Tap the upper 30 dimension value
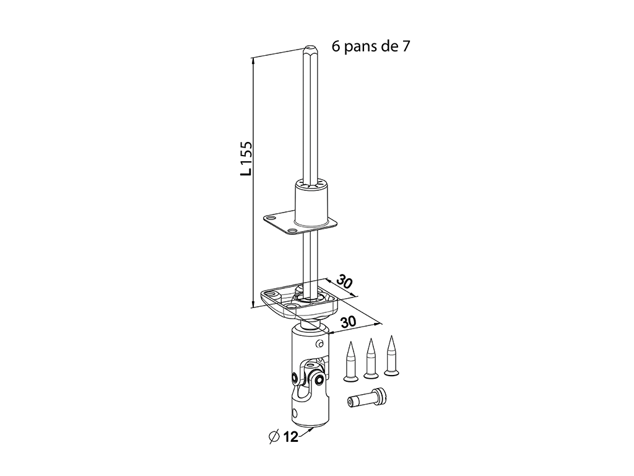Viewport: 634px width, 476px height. click(344, 282)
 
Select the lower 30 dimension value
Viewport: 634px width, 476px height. click(348, 322)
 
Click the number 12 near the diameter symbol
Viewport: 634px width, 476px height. click(290, 437)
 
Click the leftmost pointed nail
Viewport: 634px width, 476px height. click(350, 361)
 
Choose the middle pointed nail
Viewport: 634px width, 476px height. click(370, 359)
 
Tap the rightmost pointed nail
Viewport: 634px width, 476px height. click(391, 356)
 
